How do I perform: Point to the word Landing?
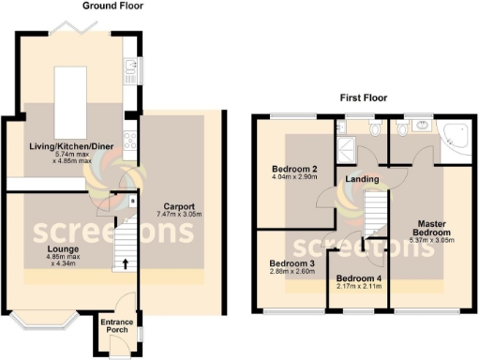(x=362, y=179)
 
